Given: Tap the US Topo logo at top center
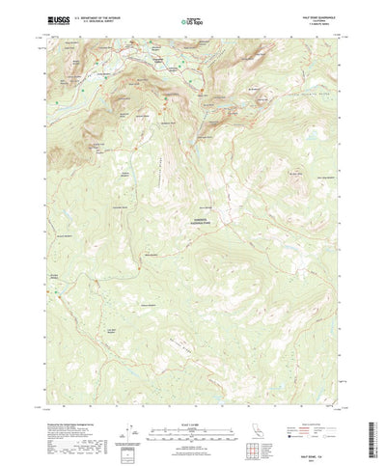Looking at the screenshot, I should coord(194,18).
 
